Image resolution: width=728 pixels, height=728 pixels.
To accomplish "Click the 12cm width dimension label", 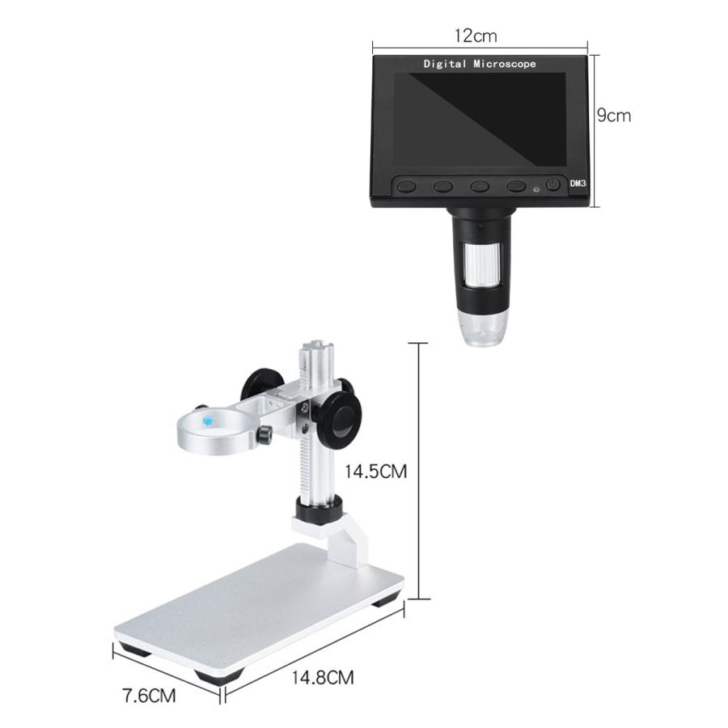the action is point(475,36).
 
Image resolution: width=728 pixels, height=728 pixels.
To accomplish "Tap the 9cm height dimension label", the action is point(614,115).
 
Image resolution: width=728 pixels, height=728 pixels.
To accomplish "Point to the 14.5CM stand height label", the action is point(375,472).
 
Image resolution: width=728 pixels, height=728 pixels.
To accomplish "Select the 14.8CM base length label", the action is point(323,677).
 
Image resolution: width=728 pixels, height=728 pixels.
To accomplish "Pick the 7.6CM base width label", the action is point(149,696).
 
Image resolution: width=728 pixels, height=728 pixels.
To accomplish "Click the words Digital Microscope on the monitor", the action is point(480,64).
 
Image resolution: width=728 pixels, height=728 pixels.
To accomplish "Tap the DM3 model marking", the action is point(578,184).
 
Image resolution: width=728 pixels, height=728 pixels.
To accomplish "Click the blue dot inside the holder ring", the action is point(208,421).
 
